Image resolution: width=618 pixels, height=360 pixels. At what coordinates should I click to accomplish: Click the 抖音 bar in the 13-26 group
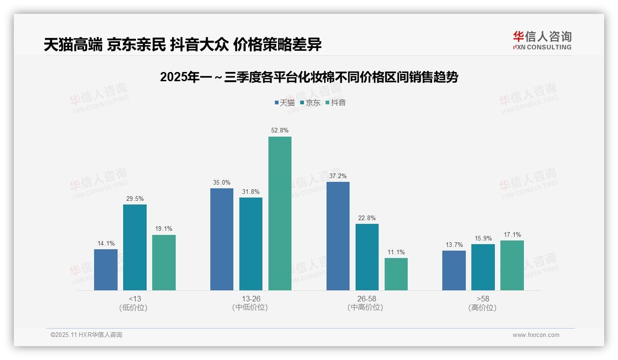click(x=280, y=213)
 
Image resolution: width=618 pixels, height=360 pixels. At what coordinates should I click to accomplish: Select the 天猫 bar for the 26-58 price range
click(x=338, y=236)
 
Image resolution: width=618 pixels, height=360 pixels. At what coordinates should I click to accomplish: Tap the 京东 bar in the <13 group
click(x=135, y=247)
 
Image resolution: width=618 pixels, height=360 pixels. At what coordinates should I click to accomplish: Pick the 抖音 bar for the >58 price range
click(x=512, y=265)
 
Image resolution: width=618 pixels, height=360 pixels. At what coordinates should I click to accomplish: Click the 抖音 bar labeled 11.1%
click(x=396, y=274)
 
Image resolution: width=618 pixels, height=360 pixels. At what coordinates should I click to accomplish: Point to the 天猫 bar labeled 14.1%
click(x=106, y=270)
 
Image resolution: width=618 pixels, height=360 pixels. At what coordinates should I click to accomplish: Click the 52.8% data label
click(x=280, y=131)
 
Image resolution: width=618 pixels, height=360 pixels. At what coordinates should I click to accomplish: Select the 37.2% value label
click(x=338, y=176)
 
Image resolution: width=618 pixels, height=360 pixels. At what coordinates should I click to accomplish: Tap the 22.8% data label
click(x=367, y=218)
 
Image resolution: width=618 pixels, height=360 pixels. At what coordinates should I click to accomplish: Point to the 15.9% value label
click(x=483, y=239)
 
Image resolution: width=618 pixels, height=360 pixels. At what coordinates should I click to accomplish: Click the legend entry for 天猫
click(x=285, y=102)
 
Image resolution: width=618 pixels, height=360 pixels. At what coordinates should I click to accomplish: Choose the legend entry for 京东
click(x=310, y=102)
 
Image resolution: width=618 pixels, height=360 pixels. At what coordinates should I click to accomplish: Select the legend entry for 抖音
click(x=335, y=102)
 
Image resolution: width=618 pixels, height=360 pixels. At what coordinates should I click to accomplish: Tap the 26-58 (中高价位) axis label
click(x=367, y=303)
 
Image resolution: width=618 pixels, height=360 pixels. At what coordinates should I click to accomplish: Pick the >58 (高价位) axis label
click(x=483, y=303)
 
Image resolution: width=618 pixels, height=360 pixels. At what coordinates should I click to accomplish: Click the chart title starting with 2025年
click(x=309, y=77)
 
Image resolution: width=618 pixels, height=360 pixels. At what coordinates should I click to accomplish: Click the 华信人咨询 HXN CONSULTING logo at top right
click(x=542, y=41)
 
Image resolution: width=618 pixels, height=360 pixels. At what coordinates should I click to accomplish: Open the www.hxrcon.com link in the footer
click(x=536, y=335)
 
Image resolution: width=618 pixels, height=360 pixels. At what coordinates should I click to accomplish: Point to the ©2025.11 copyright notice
click(x=86, y=335)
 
